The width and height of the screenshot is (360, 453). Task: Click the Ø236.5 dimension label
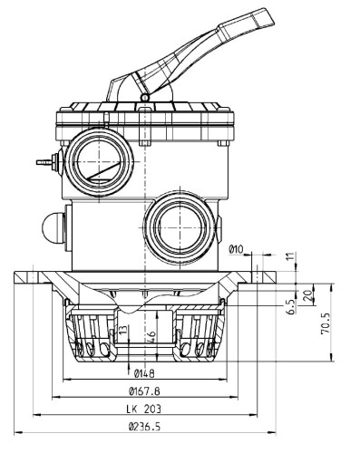(x=144, y=427)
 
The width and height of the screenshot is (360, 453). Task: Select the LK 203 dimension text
(x=144, y=409)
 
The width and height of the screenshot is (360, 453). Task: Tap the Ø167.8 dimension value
(x=144, y=391)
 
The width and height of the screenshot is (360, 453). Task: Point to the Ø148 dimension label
(x=144, y=373)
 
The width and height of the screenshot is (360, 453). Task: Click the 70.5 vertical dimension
(x=326, y=323)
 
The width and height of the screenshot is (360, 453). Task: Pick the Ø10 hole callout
(x=236, y=249)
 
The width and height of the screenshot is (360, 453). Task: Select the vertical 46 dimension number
(x=151, y=335)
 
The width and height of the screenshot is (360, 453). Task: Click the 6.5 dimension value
(x=291, y=306)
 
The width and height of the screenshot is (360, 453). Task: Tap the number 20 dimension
(x=308, y=295)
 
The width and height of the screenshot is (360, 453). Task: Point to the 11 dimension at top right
(x=289, y=257)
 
